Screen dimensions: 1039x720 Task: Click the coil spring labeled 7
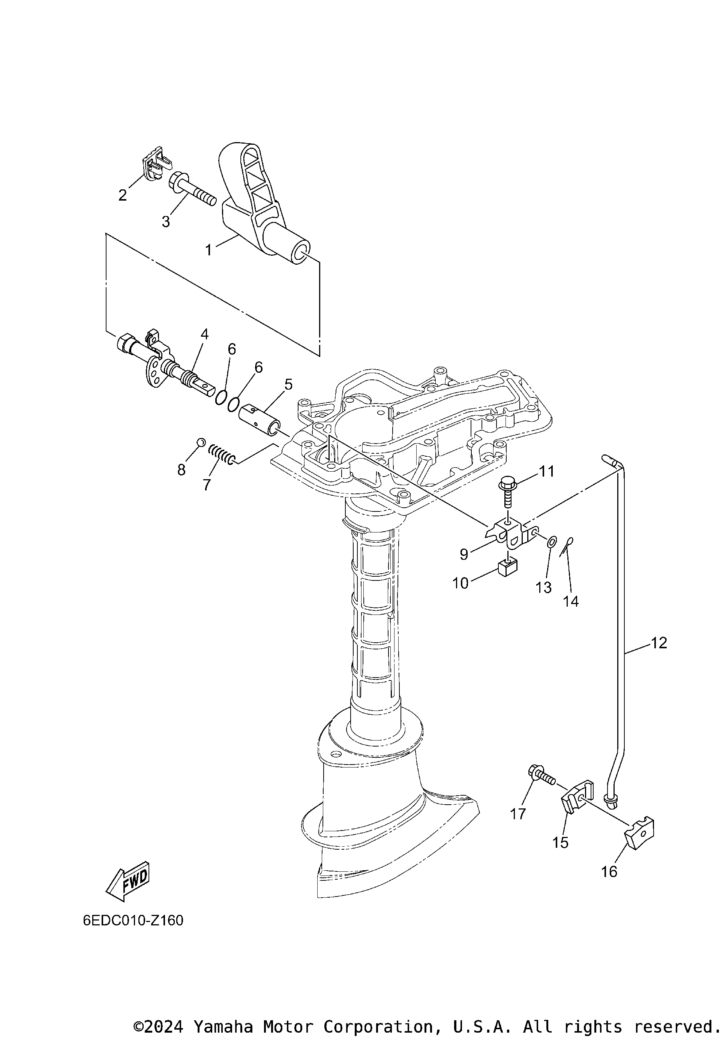click(222, 454)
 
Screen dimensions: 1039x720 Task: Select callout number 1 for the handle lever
click(208, 250)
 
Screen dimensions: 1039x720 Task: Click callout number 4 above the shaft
click(204, 334)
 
